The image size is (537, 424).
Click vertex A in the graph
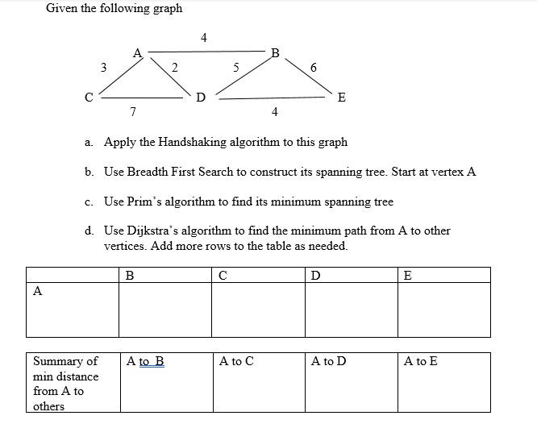click(x=138, y=53)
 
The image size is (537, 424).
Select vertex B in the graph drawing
click(x=276, y=54)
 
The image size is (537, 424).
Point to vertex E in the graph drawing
click(x=342, y=98)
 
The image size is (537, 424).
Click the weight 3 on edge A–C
click(x=102, y=68)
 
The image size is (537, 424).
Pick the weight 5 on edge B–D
click(x=235, y=68)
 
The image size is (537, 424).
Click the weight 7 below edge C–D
click(x=133, y=111)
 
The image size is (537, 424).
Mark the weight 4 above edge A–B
click(x=204, y=37)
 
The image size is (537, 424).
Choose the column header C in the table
click(x=223, y=275)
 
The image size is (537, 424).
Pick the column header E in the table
click(x=407, y=275)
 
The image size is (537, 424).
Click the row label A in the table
click(x=37, y=292)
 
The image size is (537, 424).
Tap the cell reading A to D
click(x=330, y=361)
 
